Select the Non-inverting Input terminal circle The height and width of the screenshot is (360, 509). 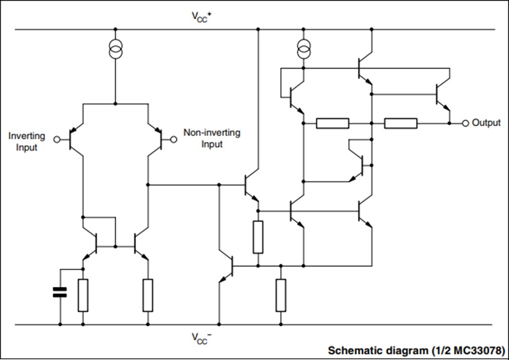173,139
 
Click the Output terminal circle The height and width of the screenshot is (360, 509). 465,123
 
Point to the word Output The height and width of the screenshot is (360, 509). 486,123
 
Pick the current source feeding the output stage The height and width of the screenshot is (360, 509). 304,49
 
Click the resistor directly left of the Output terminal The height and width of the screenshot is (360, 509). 401,123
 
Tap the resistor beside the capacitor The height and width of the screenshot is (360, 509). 83,295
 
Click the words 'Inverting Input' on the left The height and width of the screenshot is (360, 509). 27,141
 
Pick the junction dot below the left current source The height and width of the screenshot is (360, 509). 115,103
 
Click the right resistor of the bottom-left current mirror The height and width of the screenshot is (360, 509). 148,295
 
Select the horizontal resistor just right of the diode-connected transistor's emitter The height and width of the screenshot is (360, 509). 332,123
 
